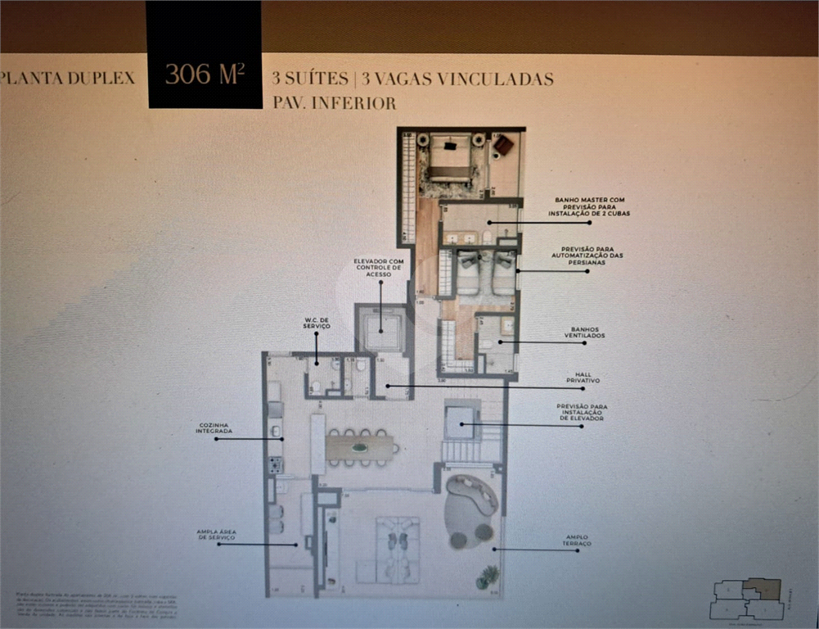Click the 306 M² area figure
[205, 74]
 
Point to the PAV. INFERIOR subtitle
[334, 103]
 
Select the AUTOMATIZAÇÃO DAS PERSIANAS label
[592, 256]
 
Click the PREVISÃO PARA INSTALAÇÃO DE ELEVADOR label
[582, 412]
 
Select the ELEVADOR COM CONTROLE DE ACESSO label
[377, 268]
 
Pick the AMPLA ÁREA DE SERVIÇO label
[217, 535]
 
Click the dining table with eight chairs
[360, 447]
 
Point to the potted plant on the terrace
[488, 577]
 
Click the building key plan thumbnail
[748, 599]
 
